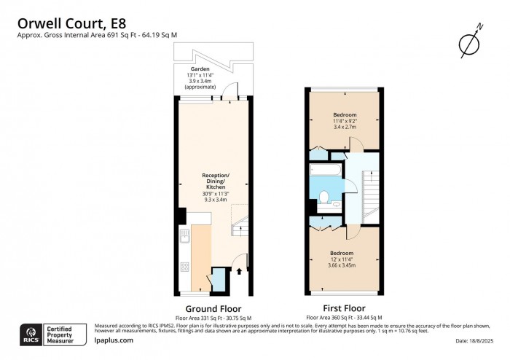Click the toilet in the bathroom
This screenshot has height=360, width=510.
[x=323, y=195]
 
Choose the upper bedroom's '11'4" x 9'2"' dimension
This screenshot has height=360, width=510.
[x=344, y=120]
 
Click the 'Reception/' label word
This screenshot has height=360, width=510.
[x=214, y=176]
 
